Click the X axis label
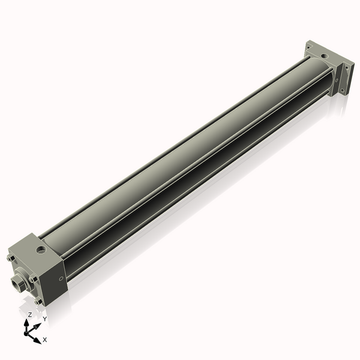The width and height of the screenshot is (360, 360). tap(45, 340)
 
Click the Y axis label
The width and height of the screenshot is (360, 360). tap(44, 319)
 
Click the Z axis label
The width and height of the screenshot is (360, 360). tap(30, 314)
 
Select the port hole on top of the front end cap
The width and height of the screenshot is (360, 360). tap(41, 247)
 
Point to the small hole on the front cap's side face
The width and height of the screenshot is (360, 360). tap(60, 278)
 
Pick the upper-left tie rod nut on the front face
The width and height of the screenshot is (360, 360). tap(10, 259)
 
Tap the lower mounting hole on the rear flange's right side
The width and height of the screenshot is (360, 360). tap(343, 91)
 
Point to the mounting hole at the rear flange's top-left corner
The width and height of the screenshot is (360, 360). tap(308, 45)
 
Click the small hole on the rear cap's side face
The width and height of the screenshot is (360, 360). tap(337, 78)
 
